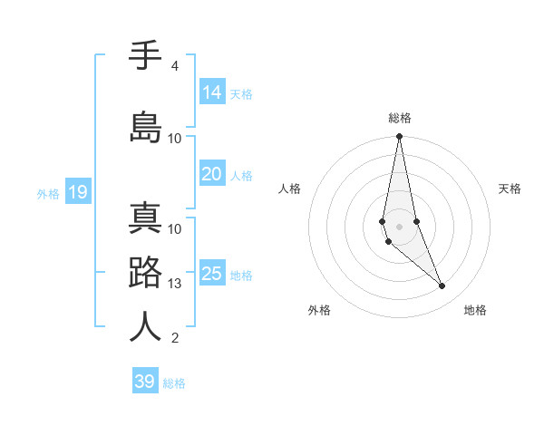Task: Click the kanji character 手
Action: pos(145,57)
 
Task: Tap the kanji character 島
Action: pos(145,128)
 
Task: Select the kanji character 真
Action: pos(145,220)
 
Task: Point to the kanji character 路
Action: pos(145,274)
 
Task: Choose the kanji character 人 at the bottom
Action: pos(145,326)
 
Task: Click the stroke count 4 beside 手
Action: pos(174,66)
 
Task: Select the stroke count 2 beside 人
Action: pos(174,338)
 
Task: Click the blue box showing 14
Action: pos(212,92)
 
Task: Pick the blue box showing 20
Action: pos(212,175)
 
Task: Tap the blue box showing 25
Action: pos(212,274)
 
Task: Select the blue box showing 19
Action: pos(78,191)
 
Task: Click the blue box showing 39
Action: pos(145,382)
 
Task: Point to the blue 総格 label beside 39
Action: pos(174,383)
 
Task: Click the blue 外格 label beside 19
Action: pos(48,193)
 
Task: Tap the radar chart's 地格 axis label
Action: pos(475,310)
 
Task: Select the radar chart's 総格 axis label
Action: pos(400,118)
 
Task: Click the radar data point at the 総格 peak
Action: pos(399,137)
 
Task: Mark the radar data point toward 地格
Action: pos(442,286)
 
